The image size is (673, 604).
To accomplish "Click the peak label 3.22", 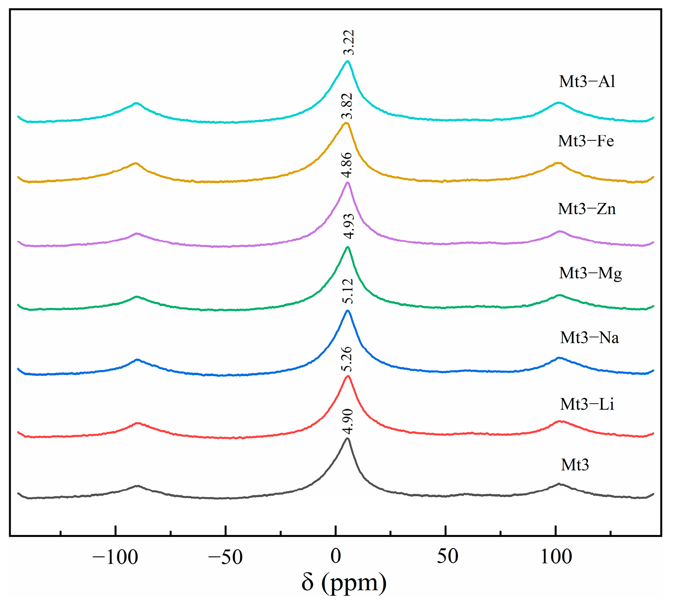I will point(348,42).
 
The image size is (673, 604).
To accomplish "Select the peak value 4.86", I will point(347,165).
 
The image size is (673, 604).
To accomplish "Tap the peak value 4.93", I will point(348,226).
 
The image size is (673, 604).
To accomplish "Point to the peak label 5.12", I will point(347,291).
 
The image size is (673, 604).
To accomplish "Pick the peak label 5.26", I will point(347,359).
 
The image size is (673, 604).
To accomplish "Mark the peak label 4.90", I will point(347,421).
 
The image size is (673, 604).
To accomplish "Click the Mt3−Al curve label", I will point(587,82).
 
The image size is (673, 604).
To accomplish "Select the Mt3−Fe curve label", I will point(586,141).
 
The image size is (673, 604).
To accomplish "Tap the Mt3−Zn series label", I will point(587,209).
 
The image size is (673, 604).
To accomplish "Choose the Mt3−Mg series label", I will point(590,273).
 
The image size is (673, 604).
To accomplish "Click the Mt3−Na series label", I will point(589,338).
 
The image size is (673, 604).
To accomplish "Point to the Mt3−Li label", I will point(587,404).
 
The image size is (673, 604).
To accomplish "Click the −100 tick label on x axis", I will point(115,557).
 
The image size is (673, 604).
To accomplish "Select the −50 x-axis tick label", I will point(225,557).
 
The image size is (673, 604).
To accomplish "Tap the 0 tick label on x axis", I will point(336,557).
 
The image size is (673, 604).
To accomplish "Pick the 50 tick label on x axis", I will point(448,557).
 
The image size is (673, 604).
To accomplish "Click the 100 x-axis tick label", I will point(556,557).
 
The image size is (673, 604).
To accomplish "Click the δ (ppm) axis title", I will point(344,583).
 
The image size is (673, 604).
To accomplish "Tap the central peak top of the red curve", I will point(348,376).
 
